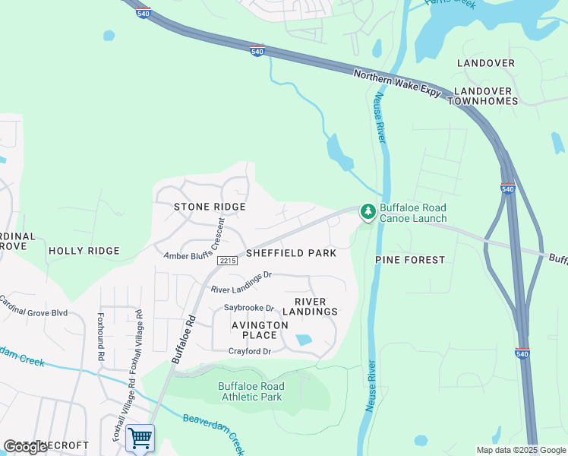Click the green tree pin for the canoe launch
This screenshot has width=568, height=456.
click(368, 212)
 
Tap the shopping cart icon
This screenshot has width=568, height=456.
click(140, 439)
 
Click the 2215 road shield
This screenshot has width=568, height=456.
click(227, 261)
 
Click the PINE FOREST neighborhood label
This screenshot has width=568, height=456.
click(410, 260)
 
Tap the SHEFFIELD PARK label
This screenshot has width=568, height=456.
click(290, 253)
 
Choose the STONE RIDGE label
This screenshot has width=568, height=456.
click(210, 207)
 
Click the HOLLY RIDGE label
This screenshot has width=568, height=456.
click(84, 251)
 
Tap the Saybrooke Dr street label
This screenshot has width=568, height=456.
click(248, 308)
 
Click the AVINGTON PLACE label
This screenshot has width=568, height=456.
click(260, 330)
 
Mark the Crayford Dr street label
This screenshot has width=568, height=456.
click(249, 351)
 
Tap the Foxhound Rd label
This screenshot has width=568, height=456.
click(99, 335)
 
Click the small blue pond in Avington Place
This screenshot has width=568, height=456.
click(305, 340)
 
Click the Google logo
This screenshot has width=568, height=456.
click(25, 447)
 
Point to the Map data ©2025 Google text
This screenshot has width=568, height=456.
click(521, 449)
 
